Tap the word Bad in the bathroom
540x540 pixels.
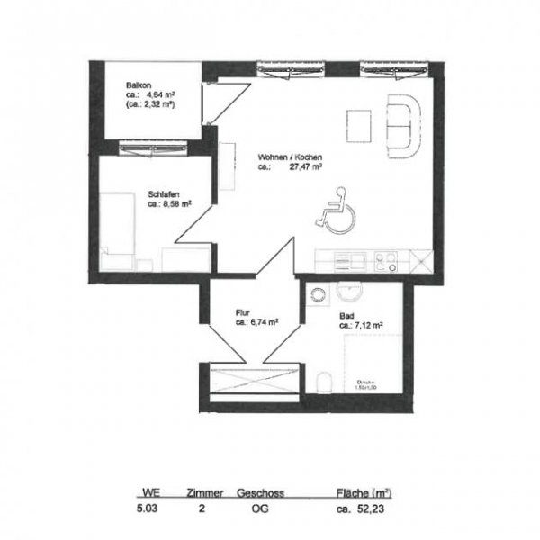pos(346,316)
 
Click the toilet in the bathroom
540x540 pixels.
pos(326,382)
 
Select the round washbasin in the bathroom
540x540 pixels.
pos(349,289)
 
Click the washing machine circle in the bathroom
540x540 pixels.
pos(318,292)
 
